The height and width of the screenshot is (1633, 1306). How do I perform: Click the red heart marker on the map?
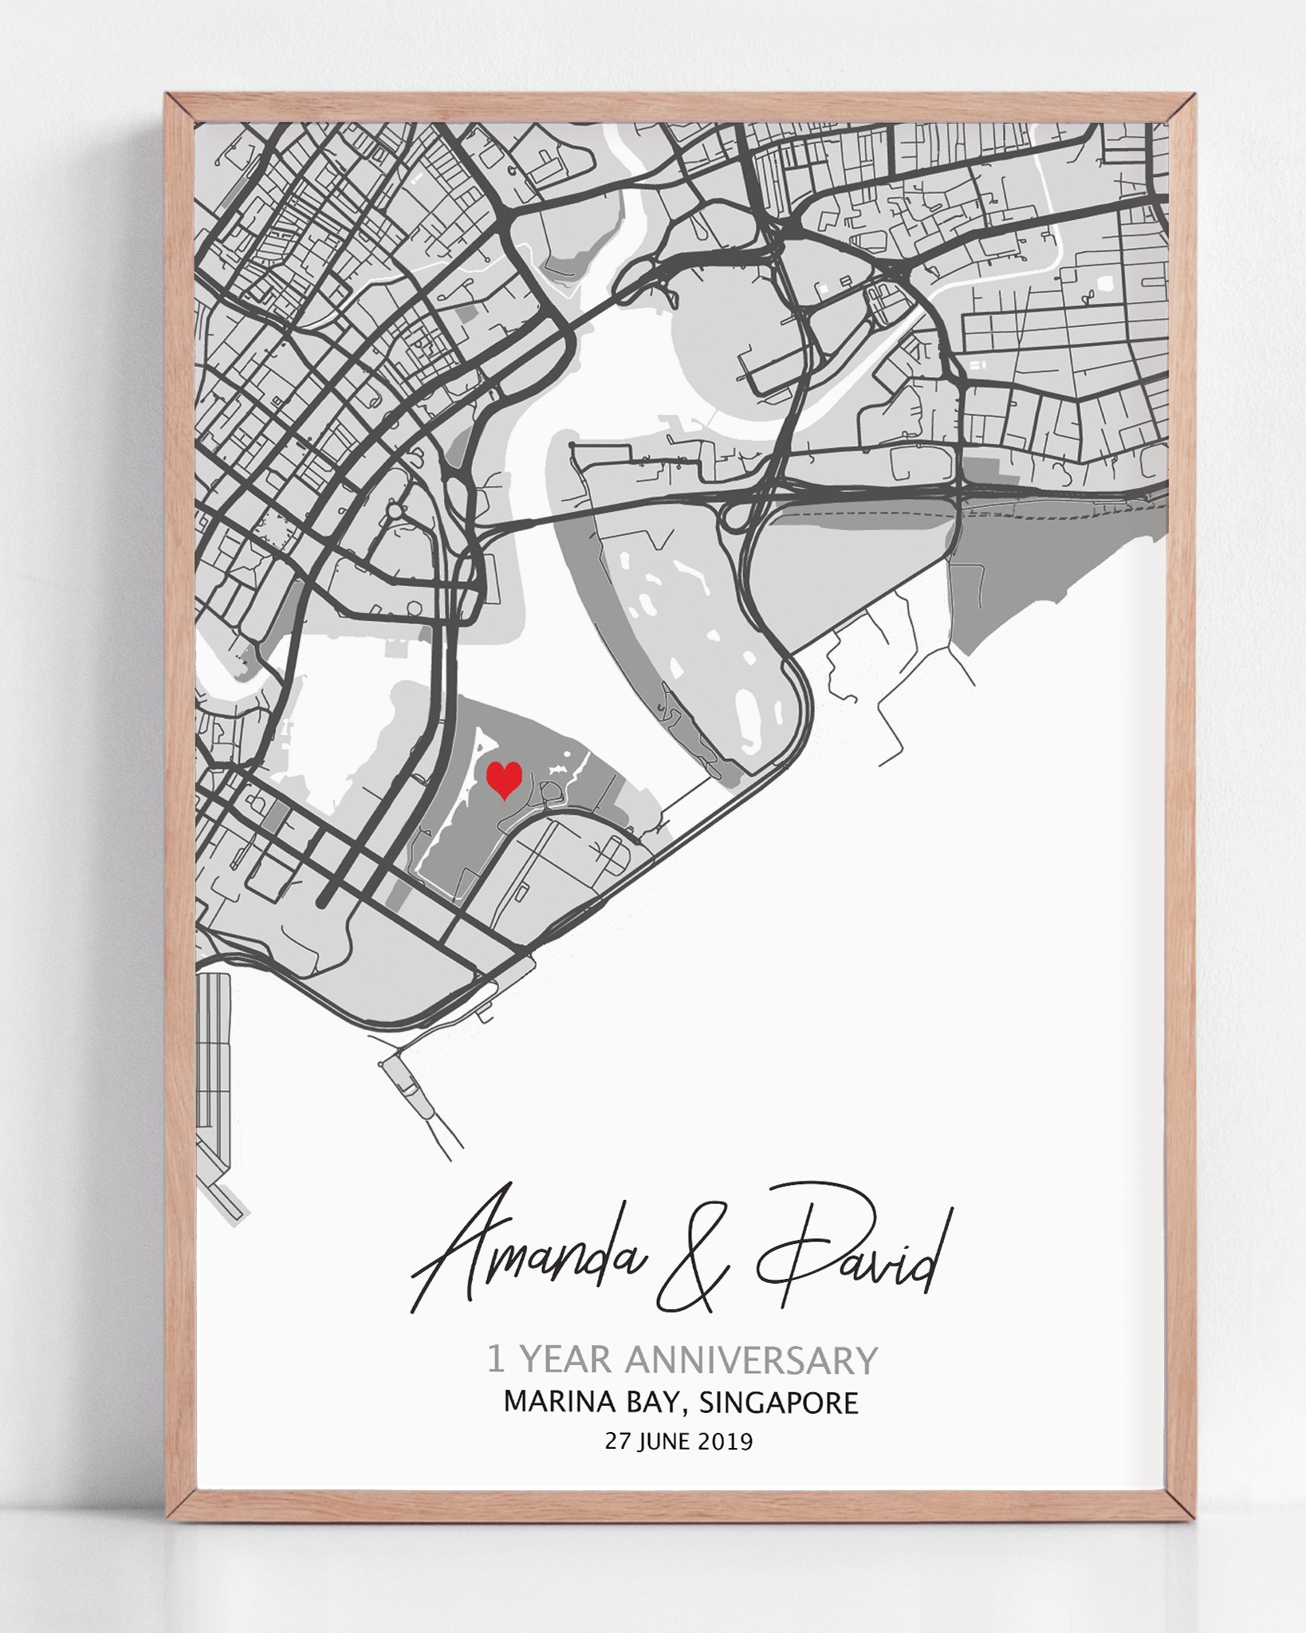click(x=504, y=779)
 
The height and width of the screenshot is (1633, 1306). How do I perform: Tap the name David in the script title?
click(x=853, y=1249)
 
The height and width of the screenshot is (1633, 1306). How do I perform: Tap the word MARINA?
click(x=559, y=1403)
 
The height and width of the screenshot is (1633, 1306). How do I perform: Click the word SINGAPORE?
click(x=778, y=1403)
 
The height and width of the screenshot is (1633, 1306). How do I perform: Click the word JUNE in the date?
click(x=664, y=1442)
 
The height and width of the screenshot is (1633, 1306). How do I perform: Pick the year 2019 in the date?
click(x=725, y=1442)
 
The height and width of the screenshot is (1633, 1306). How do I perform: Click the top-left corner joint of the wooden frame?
click(x=180, y=108)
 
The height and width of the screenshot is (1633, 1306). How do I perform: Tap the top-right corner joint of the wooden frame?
click(x=1182, y=108)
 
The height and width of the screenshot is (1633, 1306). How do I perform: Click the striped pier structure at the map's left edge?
click(x=212, y=1060)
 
